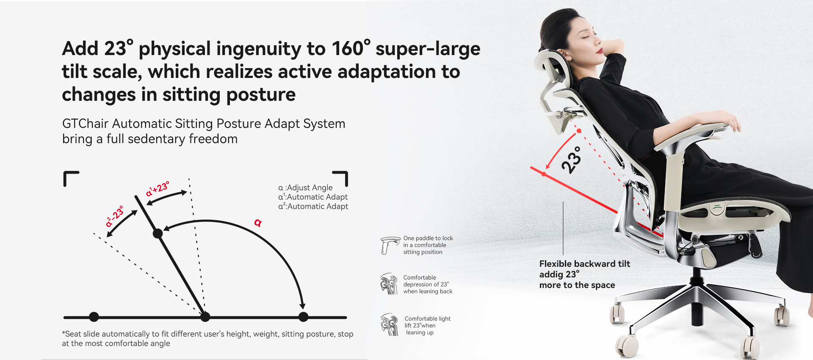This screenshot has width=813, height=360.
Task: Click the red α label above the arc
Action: coord(258,222)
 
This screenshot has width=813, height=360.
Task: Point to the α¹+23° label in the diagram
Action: coord(157,188)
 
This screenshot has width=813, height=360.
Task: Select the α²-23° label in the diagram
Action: coord(114,216)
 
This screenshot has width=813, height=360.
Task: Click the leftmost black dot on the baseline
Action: coord(94,317)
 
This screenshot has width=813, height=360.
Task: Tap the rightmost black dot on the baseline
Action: coord(303,317)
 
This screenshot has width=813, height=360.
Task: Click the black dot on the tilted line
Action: coord(158,233)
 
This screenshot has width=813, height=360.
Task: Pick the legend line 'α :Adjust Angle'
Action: coord(305,188)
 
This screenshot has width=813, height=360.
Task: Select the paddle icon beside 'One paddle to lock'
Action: coord(390,245)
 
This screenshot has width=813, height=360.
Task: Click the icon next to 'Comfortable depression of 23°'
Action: coord(389,284)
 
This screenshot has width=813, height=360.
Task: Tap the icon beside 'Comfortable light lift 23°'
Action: coord(390,325)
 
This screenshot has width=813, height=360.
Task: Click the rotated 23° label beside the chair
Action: coord(571,160)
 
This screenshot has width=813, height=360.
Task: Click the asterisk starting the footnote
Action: coord(64,333)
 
